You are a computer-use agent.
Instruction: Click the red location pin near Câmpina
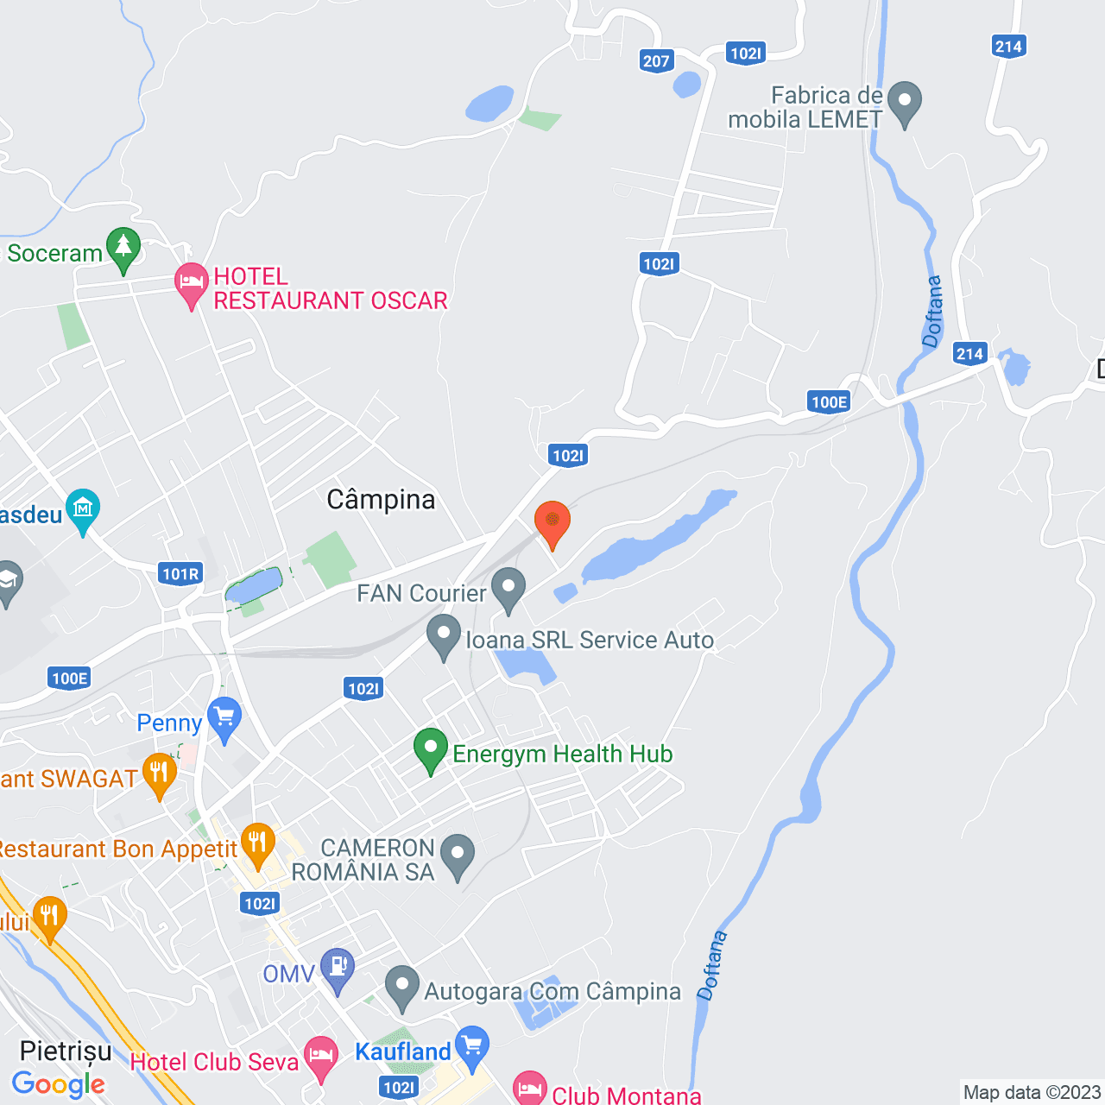[552, 521]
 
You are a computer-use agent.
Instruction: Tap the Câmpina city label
[381, 500]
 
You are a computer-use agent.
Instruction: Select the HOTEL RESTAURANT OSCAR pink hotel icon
[191, 282]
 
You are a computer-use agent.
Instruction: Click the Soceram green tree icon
[123, 247]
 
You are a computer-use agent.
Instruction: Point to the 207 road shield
[657, 60]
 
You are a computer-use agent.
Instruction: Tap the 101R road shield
[180, 574]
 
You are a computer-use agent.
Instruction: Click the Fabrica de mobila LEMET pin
[905, 101]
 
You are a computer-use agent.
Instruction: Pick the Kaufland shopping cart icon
[472, 1046]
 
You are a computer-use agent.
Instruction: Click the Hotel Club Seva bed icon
[321, 1057]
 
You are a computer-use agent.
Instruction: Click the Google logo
[58, 1084]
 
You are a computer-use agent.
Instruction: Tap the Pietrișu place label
[66, 1051]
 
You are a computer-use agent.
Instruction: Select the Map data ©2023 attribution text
[1032, 1092]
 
